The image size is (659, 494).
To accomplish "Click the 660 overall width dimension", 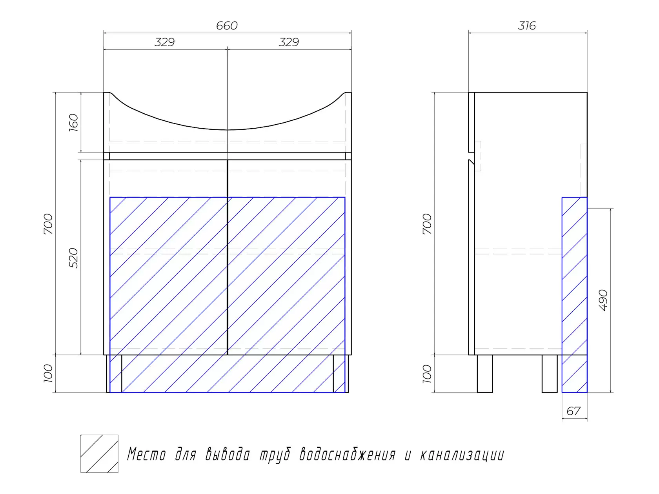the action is pyautogui.click(x=227, y=25).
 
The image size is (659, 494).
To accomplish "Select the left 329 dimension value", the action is pyautogui.click(x=164, y=42).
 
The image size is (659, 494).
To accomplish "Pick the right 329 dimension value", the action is pyautogui.click(x=289, y=42).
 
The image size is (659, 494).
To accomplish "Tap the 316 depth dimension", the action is pyautogui.click(x=527, y=25).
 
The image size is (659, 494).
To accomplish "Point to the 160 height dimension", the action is pyautogui.click(x=73, y=122).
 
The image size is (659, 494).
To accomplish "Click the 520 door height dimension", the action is pyautogui.click(x=73, y=258).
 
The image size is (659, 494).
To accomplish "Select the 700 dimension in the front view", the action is pyautogui.click(x=48, y=224).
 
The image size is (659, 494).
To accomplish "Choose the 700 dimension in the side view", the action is pyautogui.click(x=427, y=224).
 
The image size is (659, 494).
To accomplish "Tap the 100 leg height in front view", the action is pyautogui.click(x=48, y=373).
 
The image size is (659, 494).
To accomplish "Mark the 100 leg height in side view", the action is pyautogui.click(x=427, y=374).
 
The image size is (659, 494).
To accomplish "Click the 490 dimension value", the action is pyautogui.click(x=603, y=300).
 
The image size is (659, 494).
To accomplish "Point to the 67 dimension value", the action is pyautogui.click(x=573, y=411).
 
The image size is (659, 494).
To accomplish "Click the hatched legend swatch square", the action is pyautogui.click(x=99, y=454).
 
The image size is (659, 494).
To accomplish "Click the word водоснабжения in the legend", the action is pyautogui.click(x=348, y=455).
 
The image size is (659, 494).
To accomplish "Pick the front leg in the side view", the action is pyautogui.click(x=485, y=374).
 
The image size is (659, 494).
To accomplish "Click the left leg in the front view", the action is pyautogui.click(x=114, y=374).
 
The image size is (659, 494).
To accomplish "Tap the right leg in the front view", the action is pyautogui.click(x=341, y=374).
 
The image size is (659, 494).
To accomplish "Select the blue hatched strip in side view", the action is pyautogui.click(x=574, y=294).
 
